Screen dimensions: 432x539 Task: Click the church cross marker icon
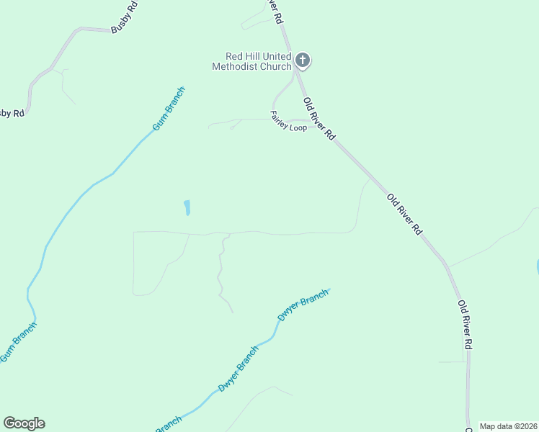pos(303,60)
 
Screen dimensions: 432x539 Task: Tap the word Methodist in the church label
pos(235,66)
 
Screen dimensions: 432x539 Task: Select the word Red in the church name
pos(234,56)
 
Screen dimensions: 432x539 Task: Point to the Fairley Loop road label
pos(288,121)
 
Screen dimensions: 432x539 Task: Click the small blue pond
pos(187,208)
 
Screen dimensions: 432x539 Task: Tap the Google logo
pos(24,423)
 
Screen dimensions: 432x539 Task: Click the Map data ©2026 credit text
pos(509,426)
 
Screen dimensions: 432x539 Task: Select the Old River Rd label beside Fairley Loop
pos(319,119)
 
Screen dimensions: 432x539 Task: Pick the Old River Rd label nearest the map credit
pos(465,325)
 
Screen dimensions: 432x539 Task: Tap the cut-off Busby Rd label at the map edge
pos(11,113)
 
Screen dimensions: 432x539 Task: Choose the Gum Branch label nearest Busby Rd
pos(169,108)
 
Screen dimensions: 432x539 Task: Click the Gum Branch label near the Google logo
pos(19,342)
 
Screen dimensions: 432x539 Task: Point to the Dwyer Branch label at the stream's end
pos(303,305)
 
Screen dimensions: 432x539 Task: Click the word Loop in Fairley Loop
pos(298,127)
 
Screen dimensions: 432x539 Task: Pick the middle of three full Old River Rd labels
pos(404,214)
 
